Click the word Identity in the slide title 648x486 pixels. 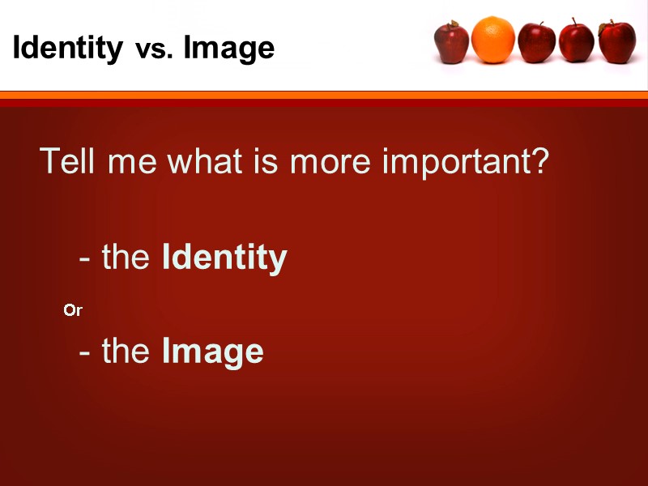pos(67,49)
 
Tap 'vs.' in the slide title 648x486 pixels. pos(153,50)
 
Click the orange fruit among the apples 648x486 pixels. pos(492,40)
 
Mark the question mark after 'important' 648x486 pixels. pos(540,161)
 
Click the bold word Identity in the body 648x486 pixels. pos(224,258)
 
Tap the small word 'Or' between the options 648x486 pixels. pos(73,310)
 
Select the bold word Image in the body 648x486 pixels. pos(213,352)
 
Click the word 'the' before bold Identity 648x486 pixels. pos(126,258)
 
